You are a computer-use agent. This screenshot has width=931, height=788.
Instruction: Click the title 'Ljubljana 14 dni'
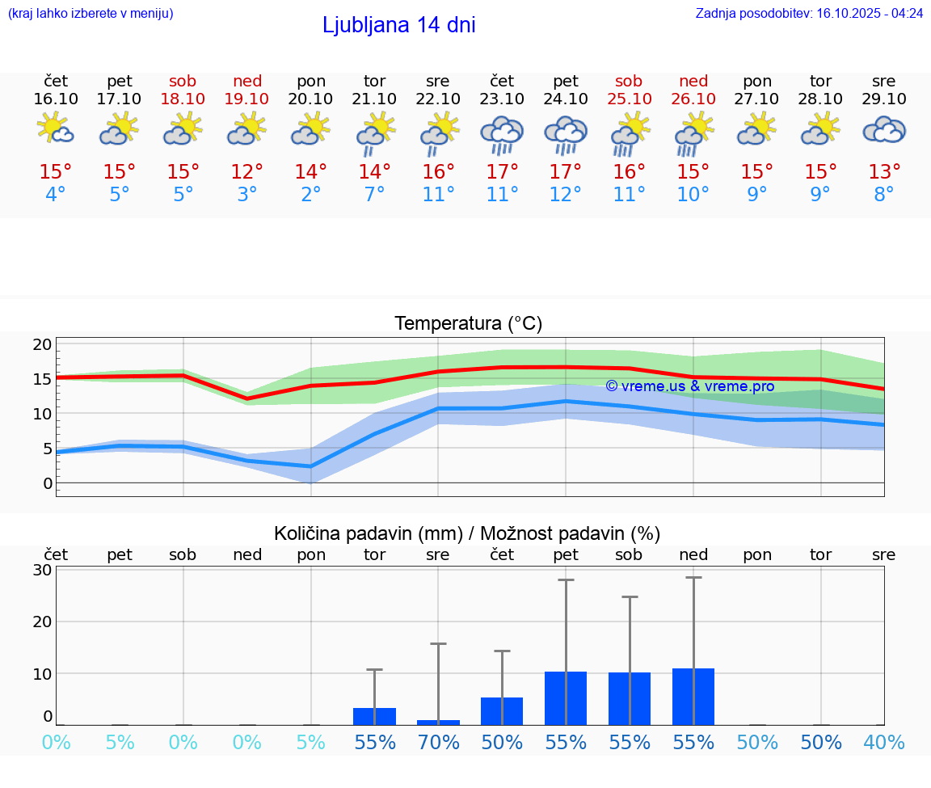point(398,25)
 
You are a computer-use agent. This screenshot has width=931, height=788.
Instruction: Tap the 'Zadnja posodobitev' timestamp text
point(809,13)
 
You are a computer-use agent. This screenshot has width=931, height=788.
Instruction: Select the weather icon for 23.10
point(502,135)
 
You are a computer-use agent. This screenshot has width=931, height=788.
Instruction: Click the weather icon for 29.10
point(884,130)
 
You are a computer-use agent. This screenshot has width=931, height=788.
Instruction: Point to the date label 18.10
point(183,99)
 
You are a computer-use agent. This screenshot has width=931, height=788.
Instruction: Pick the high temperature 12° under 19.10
point(247,171)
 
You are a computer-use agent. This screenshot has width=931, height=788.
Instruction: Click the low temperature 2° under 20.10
point(311,195)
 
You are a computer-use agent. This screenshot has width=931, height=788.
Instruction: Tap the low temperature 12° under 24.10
point(566,195)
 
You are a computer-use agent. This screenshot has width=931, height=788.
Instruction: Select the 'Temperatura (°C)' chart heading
point(468,323)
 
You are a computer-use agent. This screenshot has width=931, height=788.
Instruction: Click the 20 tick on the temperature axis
point(42,344)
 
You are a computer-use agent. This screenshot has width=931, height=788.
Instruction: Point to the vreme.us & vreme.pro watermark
point(689,386)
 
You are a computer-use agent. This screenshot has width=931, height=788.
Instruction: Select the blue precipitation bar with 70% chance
point(438,722)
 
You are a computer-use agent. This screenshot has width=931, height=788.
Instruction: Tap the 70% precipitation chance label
point(438,742)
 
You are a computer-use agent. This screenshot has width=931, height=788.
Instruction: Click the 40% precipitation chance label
point(884,742)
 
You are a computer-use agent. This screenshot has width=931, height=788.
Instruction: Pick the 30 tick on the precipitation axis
point(42,570)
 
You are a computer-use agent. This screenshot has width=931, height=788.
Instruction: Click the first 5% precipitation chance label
point(120,742)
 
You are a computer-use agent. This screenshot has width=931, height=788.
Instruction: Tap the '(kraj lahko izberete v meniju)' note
point(90,13)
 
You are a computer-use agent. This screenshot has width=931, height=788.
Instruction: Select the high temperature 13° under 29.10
point(884,171)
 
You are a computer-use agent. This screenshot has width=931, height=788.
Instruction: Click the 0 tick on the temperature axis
point(47,483)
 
